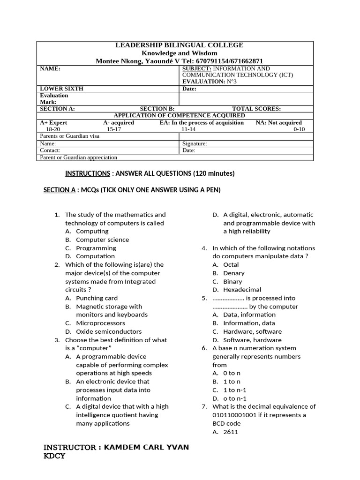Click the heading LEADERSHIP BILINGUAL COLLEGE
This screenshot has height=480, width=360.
click(180, 45)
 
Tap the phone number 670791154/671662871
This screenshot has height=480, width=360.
click(229, 61)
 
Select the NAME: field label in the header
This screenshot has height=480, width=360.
click(50, 68)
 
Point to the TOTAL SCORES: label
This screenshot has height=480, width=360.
click(256, 109)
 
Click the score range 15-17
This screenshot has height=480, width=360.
click(114, 129)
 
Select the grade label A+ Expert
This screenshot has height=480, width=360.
click(53, 122)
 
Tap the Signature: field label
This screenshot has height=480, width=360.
click(195, 144)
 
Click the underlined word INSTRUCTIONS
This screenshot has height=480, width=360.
click(87, 173)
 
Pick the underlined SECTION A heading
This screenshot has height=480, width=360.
click(60, 190)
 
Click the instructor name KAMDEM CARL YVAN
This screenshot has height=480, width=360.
click(146, 447)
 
